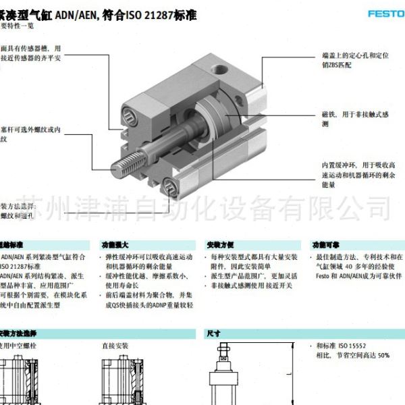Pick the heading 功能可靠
tap(324, 245)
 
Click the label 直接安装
tap(115, 345)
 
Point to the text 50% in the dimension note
tap(383, 354)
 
